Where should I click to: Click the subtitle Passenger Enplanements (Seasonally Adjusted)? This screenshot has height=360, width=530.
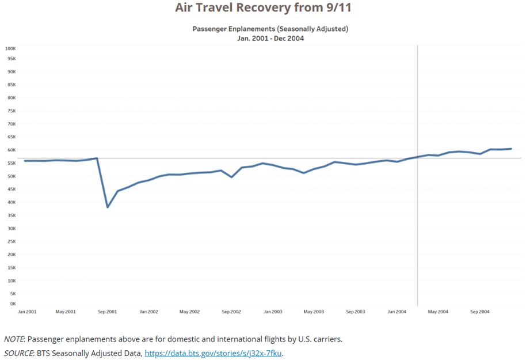270,28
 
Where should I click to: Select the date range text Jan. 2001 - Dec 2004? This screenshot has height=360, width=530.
270,39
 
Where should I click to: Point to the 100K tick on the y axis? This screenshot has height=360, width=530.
10,48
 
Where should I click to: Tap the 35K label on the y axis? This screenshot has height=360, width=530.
11,215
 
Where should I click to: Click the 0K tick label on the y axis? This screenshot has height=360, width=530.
12,304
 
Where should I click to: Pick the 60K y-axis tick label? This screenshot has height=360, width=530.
11,150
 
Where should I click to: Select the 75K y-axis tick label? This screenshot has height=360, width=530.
11,111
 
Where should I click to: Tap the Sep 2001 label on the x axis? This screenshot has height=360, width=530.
108,312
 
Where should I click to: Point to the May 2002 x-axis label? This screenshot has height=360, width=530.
189,312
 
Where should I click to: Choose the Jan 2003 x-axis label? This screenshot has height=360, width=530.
273,312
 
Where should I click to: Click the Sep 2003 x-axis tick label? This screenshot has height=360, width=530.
356,312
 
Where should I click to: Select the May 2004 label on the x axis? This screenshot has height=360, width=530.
439,312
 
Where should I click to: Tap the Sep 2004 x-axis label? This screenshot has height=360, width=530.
480,312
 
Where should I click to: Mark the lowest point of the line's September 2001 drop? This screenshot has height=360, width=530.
108,207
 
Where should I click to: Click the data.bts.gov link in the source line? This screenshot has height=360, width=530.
213,353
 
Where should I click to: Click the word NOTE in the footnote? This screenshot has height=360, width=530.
14,339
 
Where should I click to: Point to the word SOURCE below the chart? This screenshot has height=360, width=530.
18,353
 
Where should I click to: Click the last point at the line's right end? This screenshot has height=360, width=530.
511,149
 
